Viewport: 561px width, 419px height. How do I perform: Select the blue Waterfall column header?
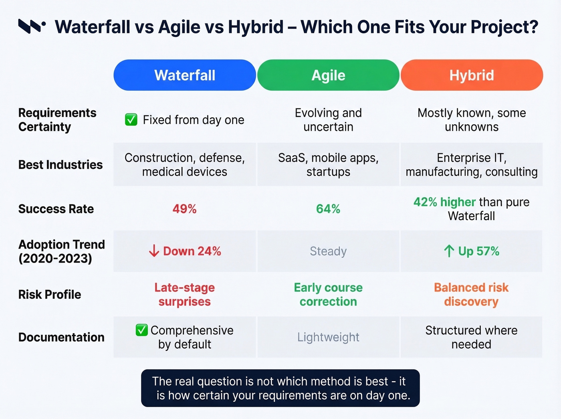tap(185, 75)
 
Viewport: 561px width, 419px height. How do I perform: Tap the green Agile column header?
tap(328, 75)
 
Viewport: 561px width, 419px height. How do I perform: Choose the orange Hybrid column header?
tap(472, 75)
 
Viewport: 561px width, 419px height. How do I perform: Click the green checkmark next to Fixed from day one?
tap(131, 119)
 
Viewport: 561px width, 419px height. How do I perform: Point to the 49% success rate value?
tap(185, 209)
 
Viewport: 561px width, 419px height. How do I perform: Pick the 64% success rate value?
tap(328, 209)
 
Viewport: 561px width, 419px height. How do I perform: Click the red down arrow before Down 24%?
tap(154, 251)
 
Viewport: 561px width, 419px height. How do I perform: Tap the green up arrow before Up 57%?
tap(449, 251)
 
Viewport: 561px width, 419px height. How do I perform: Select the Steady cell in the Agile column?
tap(328, 251)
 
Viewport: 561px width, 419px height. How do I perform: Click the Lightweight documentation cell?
tap(328, 337)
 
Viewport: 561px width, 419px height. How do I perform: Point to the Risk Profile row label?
tap(50, 295)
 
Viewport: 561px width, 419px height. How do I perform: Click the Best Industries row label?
tap(61, 165)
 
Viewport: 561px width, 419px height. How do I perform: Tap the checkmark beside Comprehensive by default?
tap(141, 330)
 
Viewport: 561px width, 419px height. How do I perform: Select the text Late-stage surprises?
tap(185, 295)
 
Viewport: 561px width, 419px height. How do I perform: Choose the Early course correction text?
tap(328, 295)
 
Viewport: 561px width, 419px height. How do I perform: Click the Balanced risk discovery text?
tap(471, 295)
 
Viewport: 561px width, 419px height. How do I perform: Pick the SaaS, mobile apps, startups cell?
tap(328, 165)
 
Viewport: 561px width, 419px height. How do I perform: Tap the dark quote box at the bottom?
tap(280, 388)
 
